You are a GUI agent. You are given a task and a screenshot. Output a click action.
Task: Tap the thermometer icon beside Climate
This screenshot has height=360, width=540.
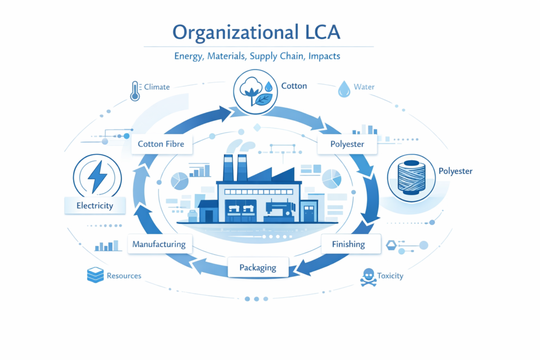[x=135, y=90]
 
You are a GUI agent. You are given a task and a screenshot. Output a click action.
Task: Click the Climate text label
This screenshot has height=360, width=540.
[x=157, y=86]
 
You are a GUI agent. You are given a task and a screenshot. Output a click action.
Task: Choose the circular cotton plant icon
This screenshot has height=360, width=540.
[x=255, y=92]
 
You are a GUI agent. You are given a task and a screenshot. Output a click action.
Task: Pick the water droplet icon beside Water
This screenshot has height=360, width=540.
[x=344, y=89]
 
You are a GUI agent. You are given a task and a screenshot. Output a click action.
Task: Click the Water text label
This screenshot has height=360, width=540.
[x=364, y=86]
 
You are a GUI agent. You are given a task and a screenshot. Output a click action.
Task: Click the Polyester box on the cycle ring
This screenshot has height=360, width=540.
[x=348, y=144]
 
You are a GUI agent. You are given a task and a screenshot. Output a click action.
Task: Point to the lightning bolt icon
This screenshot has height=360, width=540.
[x=98, y=176]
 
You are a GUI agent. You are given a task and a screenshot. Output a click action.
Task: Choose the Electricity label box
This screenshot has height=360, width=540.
[x=95, y=206]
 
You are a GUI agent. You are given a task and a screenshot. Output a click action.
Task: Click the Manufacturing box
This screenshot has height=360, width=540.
[x=159, y=244]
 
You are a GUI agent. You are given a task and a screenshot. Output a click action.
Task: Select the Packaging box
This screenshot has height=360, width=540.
[x=258, y=267]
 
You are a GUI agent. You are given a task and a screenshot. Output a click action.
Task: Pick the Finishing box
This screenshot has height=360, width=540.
[x=348, y=244]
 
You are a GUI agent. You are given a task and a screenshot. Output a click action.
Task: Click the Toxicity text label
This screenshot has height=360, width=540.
[x=390, y=276]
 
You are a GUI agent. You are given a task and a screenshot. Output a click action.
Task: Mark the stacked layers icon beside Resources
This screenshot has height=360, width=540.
[x=95, y=275]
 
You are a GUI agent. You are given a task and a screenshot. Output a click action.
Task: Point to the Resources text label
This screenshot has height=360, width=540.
[x=124, y=276]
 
